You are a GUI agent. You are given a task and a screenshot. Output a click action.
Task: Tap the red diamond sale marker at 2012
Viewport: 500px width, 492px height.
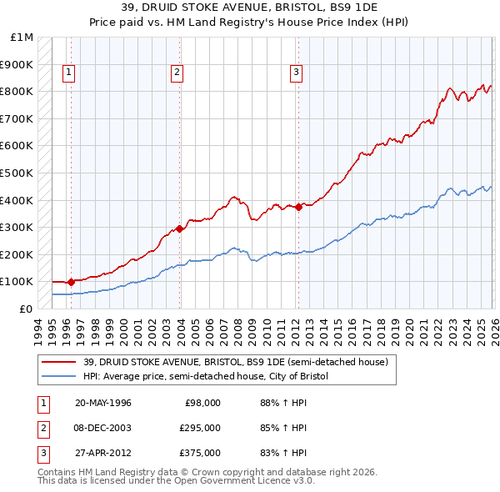pos(298,206)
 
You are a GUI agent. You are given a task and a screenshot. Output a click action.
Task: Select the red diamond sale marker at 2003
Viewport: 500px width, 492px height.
pos(180,228)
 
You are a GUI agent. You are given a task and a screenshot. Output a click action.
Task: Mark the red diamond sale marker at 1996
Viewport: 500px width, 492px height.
pos(71,282)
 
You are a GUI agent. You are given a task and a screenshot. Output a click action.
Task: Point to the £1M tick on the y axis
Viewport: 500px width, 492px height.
pos(22,38)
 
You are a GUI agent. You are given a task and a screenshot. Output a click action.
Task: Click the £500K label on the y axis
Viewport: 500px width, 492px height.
pos(17,173)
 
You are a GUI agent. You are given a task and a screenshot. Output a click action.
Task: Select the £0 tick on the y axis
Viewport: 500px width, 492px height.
pos(27,309)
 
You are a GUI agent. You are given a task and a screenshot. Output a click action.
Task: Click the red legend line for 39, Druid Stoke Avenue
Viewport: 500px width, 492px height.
pos(58,362)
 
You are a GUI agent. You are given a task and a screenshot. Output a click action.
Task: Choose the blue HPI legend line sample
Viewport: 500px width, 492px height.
pos(58,377)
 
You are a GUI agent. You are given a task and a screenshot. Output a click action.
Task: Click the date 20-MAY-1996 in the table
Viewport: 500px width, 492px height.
pos(102,402)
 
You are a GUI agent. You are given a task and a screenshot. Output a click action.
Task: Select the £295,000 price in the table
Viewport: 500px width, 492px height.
pos(200,428)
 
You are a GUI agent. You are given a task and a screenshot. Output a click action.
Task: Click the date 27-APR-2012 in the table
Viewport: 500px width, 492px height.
pos(102,453)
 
